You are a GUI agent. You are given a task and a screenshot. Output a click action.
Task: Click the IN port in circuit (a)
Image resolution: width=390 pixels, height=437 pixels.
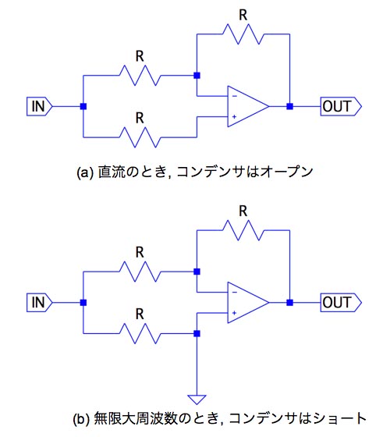pyautogui.click(x=39, y=106)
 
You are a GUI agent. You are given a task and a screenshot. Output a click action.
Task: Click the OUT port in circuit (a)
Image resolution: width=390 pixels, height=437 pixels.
pyautogui.click(x=341, y=106)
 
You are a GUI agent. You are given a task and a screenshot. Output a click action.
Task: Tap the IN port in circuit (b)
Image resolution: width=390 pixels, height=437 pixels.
pyautogui.click(x=39, y=303)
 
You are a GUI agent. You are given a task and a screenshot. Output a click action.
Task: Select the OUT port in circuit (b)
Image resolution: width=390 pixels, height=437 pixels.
pyautogui.click(x=341, y=303)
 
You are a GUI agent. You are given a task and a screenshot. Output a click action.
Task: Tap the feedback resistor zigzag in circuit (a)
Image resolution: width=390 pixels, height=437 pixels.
pyautogui.click(x=243, y=34)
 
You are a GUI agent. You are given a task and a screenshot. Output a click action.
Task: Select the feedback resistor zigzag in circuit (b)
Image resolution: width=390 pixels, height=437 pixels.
pyautogui.click(x=243, y=230)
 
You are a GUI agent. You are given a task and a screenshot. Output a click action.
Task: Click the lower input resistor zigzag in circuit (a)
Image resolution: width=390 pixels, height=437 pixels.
pyautogui.click(x=140, y=137)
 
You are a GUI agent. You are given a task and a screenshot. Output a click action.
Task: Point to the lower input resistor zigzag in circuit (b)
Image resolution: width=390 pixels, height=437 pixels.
pyautogui.click(x=140, y=334)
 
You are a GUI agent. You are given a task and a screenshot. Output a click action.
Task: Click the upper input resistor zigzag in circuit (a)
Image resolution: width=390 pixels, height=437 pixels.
pyautogui.click(x=140, y=76)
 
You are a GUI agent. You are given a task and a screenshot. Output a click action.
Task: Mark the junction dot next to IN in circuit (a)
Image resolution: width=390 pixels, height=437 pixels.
pyautogui.click(x=83, y=106)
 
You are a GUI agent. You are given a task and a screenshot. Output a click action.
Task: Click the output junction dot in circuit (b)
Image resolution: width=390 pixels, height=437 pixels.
pyautogui.click(x=289, y=303)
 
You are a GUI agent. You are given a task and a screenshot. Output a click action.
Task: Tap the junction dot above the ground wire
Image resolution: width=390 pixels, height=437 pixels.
pyautogui.click(x=197, y=334)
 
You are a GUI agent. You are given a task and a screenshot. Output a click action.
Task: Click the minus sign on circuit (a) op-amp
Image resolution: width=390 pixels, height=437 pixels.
pyautogui.click(x=235, y=97)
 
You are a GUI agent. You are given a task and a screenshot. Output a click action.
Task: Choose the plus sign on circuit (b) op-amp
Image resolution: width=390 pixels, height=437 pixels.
pyautogui.click(x=234, y=313)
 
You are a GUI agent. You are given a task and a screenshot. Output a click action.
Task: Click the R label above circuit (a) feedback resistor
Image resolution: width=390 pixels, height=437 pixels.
pyautogui.click(x=243, y=16)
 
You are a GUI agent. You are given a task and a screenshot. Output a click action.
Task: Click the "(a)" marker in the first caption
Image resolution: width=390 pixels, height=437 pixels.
pyautogui.click(x=85, y=172)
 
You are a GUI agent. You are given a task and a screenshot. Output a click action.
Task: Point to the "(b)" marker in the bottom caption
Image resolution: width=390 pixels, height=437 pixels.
pyautogui.click(x=81, y=419)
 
